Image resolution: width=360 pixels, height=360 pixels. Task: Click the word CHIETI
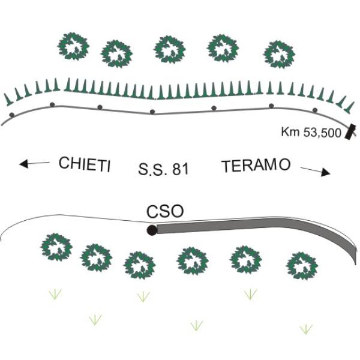click(x=85, y=164)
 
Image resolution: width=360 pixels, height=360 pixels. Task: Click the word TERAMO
click(x=256, y=166)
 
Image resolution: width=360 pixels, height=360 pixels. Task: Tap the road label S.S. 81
click(x=163, y=169)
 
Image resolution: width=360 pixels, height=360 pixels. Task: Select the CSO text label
click(x=165, y=212)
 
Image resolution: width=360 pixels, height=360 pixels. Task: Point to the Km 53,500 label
click(x=311, y=133)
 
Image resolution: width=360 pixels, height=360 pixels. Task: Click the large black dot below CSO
click(x=152, y=230)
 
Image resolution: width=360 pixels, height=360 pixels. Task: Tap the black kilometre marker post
click(x=350, y=132)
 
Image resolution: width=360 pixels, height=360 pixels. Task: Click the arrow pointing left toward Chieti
click(x=34, y=163)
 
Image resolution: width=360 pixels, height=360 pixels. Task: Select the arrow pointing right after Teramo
click(x=316, y=172)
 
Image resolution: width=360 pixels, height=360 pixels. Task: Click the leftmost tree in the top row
click(x=73, y=46)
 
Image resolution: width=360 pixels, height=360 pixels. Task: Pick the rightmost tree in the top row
click(x=279, y=55)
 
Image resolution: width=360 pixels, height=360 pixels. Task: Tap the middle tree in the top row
click(x=170, y=50)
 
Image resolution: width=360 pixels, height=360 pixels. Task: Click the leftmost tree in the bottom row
click(x=56, y=247)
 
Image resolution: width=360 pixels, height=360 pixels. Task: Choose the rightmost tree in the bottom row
click(x=302, y=266)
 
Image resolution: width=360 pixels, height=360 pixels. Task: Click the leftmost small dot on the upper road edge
click(x=12, y=115)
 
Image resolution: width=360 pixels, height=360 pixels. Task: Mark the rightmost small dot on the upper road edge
click(x=315, y=110)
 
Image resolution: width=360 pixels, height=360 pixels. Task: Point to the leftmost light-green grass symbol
click(x=55, y=295)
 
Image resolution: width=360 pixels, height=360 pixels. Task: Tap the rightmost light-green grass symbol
click(x=306, y=329)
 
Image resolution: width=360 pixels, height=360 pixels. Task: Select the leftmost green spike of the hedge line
click(x=8, y=100)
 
